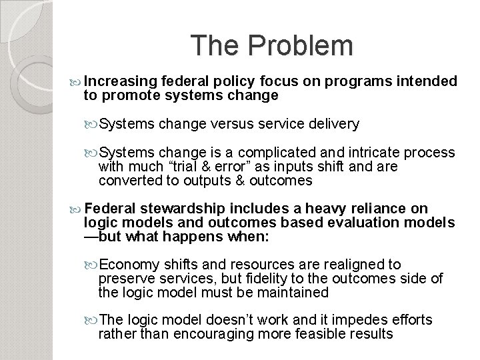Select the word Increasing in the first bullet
pyautogui.click(x=117, y=81)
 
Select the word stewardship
pyautogui.click(x=175, y=209)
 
